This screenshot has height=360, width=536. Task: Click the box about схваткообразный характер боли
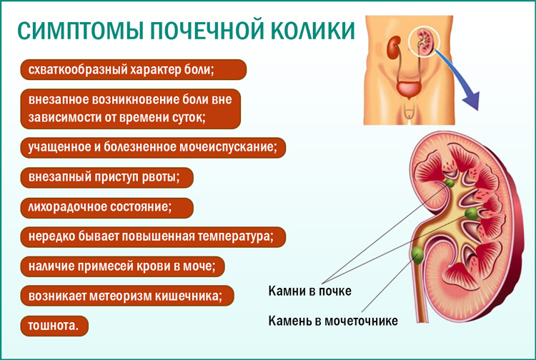pos(133,69)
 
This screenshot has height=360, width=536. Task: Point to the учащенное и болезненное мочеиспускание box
pos(154,147)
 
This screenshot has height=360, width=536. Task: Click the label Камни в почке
pos(309,291)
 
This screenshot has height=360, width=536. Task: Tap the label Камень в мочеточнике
pos(332,320)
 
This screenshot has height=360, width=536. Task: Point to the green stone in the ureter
pos(417,252)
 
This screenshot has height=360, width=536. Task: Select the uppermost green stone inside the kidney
pos(449,184)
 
